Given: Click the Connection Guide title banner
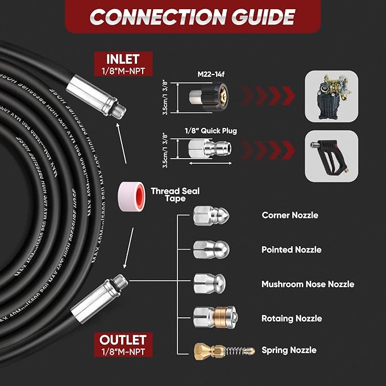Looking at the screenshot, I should click(193, 16).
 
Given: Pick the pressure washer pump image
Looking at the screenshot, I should click(333, 97).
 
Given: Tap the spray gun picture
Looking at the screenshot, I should click(333, 156).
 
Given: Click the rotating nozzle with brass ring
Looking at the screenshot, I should click(214, 317).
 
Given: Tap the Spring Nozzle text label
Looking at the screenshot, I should click(289, 350).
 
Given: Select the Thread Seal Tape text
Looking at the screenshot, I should click(175, 195).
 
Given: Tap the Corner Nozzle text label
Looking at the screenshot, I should click(290, 215).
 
